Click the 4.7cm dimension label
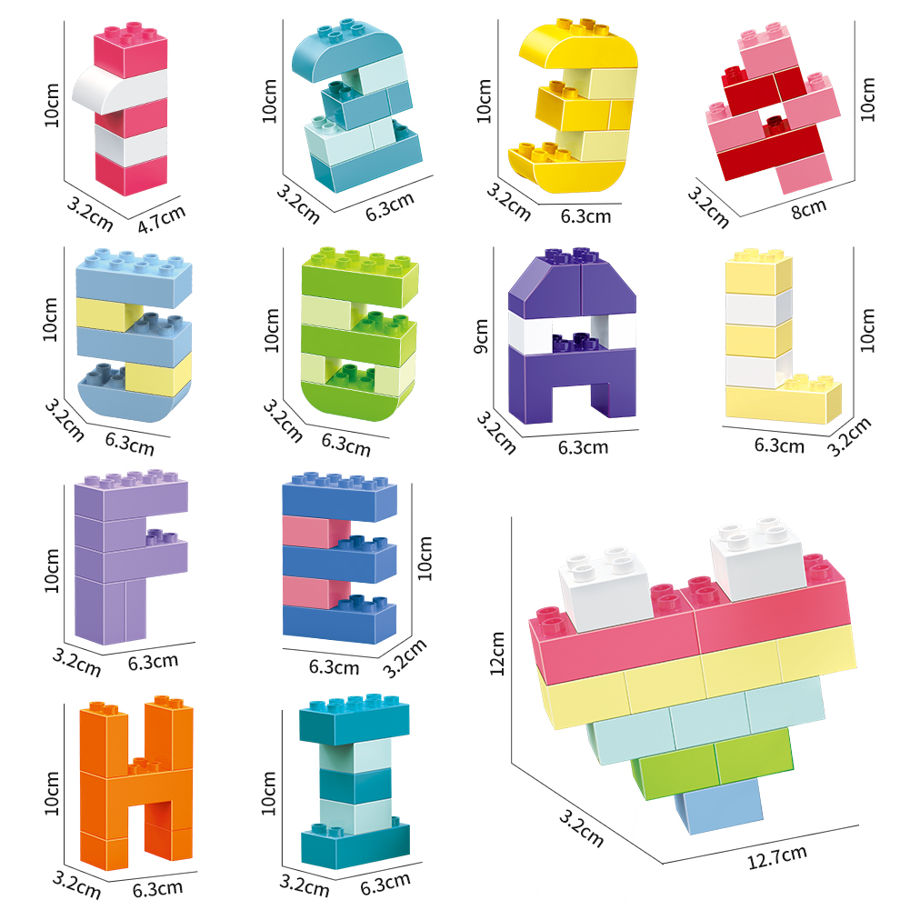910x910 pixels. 161,219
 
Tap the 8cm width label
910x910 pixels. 808,209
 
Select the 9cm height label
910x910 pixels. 481,336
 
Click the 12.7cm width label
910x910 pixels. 776,857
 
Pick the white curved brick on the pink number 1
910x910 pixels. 119,90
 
